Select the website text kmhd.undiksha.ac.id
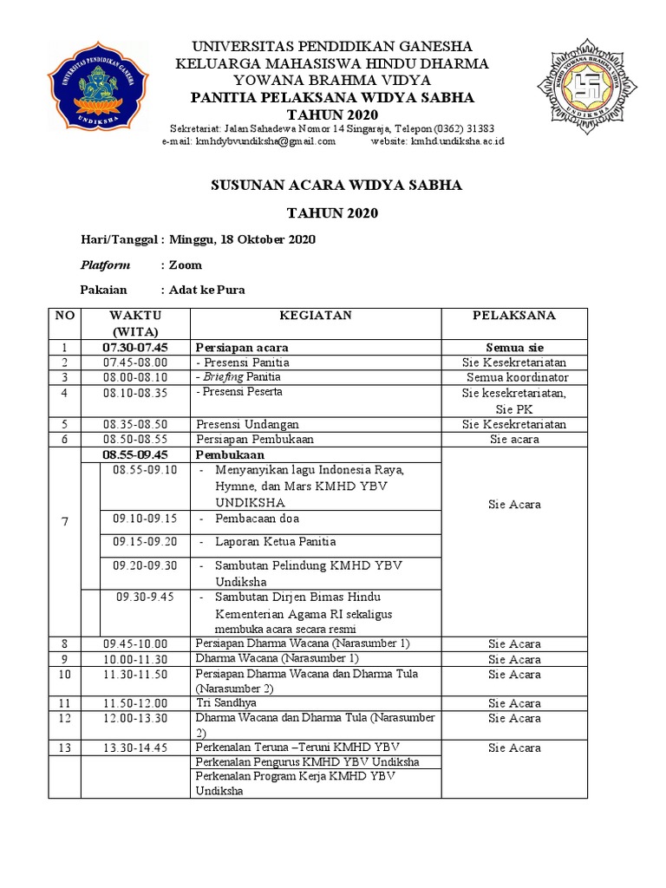[457, 141]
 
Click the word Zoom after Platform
[186, 264]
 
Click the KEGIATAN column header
[315, 316]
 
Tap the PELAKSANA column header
[514, 316]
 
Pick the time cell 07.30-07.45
[135, 347]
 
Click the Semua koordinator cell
[517, 378]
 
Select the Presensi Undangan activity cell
[247, 424]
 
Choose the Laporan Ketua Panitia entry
[275, 542]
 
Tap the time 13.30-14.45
[135, 748]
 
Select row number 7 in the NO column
[64, 520]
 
